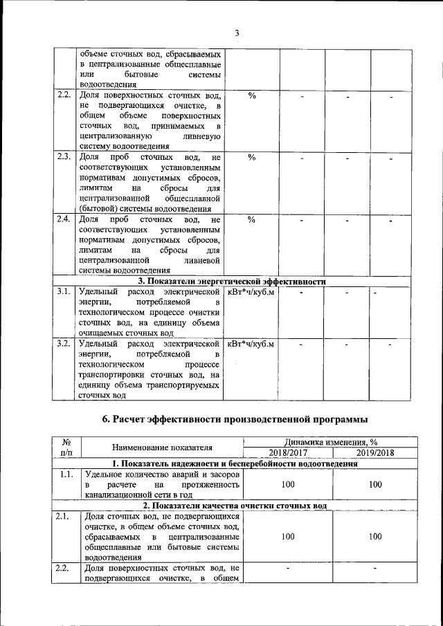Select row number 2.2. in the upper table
pos(64,95)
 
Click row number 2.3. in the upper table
pos(64,157)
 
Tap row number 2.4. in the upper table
pos(64,219)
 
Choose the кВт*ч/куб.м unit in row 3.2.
pos(251,344)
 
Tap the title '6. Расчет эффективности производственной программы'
pos(234,418)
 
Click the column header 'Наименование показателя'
pos(162,448)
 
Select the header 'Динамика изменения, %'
pos(331,442)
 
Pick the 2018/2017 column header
pos(287,452)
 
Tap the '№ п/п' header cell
pos(68,448)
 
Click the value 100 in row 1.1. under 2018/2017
pos(287,485)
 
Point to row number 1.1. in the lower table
pos(66,475)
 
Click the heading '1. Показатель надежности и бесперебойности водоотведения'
pos(234,463)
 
